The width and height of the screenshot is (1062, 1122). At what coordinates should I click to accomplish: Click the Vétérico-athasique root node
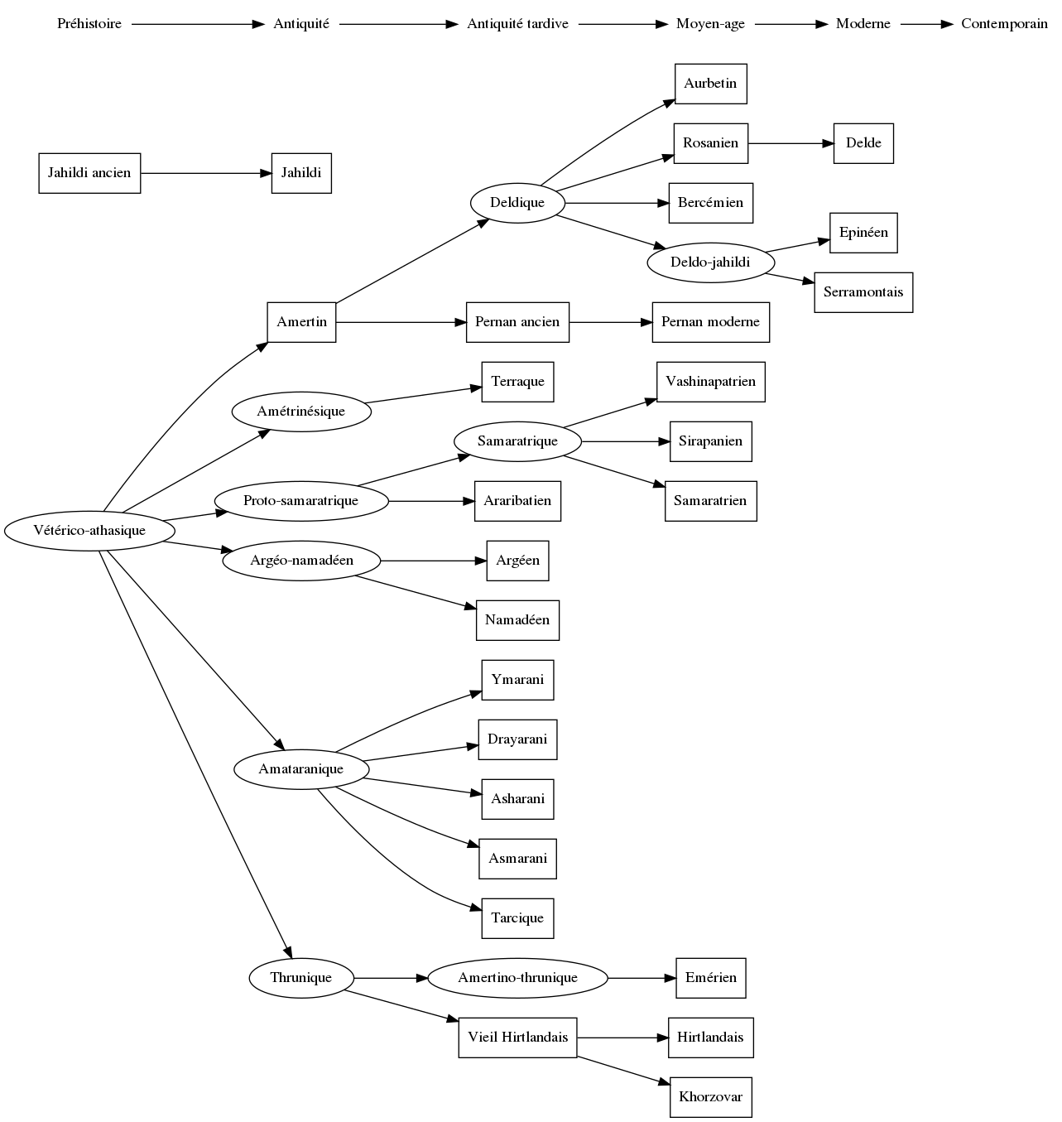tap(89, 531)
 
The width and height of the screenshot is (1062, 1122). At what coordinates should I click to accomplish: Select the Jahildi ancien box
tap(89, 173)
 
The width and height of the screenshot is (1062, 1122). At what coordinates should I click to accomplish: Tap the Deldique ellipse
tap(517, 203)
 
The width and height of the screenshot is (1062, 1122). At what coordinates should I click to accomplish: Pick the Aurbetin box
tap(710, 84)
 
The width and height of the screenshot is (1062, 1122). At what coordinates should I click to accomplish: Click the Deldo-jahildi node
tap(710, 262)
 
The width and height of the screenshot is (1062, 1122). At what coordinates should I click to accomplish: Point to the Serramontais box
tap(863, 292)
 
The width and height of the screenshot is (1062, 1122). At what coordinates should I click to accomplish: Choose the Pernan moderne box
tap(710, 322)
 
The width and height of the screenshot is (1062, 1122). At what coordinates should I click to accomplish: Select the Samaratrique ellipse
tap(517, 441)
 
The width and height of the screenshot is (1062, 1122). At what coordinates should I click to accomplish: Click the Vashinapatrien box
tap(710, 382)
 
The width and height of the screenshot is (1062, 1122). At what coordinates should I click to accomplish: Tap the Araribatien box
tap(517, 501)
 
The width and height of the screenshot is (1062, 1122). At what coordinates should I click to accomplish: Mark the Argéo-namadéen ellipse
tap(301, 561)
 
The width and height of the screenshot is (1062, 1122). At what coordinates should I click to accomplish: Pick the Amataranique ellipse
tap(300, 769)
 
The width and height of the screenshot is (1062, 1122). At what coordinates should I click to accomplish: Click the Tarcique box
tap(517, 918)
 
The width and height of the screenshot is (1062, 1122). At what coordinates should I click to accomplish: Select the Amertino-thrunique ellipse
tap(517, 978)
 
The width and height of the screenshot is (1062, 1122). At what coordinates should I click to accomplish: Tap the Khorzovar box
tap(710, 1097)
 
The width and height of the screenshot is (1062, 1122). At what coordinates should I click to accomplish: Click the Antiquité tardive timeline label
tap(517, 24)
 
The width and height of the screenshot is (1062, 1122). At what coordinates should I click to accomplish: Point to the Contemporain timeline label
tap(1004, 24)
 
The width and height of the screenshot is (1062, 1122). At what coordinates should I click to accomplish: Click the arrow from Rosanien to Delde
tap(790, 143)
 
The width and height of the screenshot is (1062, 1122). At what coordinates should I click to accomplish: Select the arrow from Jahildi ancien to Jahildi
tap(206, 173)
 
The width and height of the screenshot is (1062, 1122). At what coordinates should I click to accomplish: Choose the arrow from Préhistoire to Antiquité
tap(197, 24)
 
